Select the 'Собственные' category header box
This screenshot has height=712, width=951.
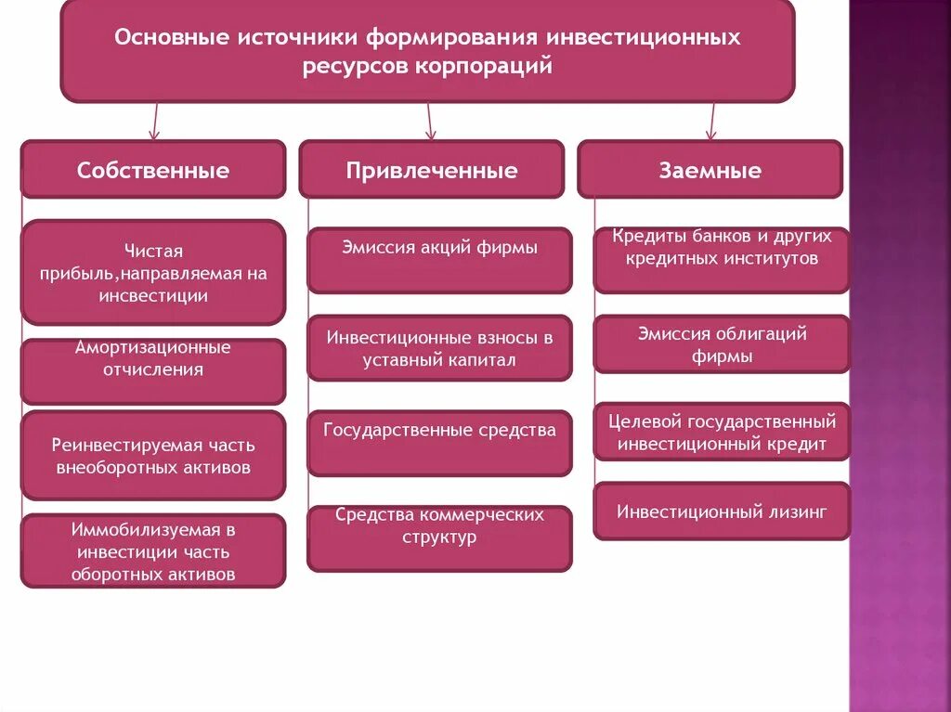[x=153, y=170]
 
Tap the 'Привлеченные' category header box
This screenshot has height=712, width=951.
[x=432, y=170]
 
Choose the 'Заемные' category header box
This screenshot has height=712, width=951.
[x=710, y=170]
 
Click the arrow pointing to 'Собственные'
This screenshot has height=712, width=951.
[x=154, y=122]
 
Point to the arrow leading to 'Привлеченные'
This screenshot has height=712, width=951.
[x=430, y=122]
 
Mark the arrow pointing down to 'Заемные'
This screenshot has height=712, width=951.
[x=711, y=122]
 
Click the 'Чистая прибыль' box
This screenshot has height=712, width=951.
[x=153, y=273]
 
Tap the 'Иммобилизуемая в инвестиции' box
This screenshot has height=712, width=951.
[x=153, y=551]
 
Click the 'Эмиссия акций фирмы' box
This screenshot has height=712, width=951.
[x=439, y=260]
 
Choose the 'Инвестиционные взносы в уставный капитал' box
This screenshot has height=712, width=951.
[x=439, y=348]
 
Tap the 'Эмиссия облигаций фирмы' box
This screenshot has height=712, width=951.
[x=722, y=344]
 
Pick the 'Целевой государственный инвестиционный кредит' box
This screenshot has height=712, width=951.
[x=722, y=433]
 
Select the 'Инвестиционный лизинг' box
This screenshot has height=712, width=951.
[x=722, y=511]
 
